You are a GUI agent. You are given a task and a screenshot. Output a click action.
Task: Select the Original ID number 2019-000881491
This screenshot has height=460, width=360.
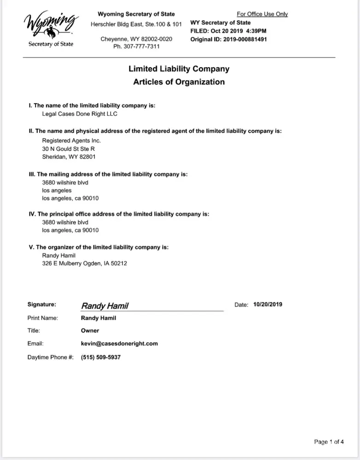[x=244, y=39]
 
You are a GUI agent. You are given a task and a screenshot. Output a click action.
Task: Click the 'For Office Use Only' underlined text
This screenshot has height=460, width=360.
[x=262, y=14]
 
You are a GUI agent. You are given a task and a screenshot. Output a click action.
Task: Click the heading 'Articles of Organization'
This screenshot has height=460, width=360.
[x=179, y=82]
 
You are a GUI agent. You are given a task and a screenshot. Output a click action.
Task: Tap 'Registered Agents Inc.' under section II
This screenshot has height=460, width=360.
[x=71, y=140]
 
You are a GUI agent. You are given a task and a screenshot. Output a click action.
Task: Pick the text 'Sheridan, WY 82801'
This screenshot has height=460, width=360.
[x=69, y=157]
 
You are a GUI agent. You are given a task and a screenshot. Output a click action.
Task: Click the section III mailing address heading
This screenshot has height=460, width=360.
[x=108, y=174]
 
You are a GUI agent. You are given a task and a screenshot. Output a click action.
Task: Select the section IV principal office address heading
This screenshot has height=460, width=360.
[x=119, y=213]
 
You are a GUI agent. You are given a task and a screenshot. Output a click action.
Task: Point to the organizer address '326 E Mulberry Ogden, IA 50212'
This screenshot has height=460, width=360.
[x=84, y=264]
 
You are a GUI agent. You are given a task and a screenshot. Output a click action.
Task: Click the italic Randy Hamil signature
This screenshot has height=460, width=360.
[x=105, y=306]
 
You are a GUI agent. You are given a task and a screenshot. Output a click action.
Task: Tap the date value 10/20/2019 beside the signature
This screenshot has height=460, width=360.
[x=267, y=305]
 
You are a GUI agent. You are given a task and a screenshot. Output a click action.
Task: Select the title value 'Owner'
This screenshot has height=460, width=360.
[x=90, y=330]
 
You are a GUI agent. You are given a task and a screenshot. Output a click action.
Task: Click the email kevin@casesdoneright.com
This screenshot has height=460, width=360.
[x=119, y=343]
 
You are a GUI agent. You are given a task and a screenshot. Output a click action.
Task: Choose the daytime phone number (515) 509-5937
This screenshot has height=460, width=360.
[x=101, y=357]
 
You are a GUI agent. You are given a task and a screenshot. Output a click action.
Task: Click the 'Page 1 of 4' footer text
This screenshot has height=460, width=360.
[x=329, y=442]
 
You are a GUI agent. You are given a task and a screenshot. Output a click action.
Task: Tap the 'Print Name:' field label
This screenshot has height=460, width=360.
[x=43, y=318]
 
